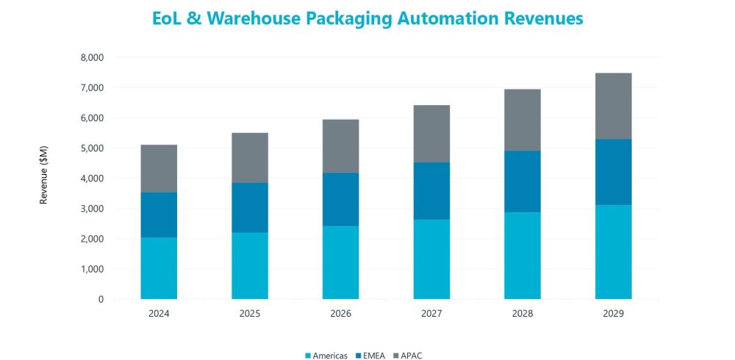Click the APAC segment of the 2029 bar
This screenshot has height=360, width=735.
click(x=613, y=106)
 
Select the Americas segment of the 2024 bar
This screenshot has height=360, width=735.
click(x=159, y=268)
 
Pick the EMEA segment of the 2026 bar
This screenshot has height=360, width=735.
click(x=340, y=199)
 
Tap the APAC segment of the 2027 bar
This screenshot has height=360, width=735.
click(x=431, y=134)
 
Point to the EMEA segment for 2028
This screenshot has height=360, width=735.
click(x=522, y=181)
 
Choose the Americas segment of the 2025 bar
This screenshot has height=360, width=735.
click(x=250, y=266)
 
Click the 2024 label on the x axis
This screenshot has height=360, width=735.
click(x=159, y=314)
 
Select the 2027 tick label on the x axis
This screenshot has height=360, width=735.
click(x=431, y=314)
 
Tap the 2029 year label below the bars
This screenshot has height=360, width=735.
click(x=613, y=314)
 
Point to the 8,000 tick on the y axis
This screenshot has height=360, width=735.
click(x=93, y=57)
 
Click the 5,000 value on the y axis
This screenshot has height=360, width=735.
click(x=93, y=148)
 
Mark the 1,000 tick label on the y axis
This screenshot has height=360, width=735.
click(x=93, y=269)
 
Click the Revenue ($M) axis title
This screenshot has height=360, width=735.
click(x=43, y=179)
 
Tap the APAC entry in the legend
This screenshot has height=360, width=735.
click(x=413, y=356)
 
